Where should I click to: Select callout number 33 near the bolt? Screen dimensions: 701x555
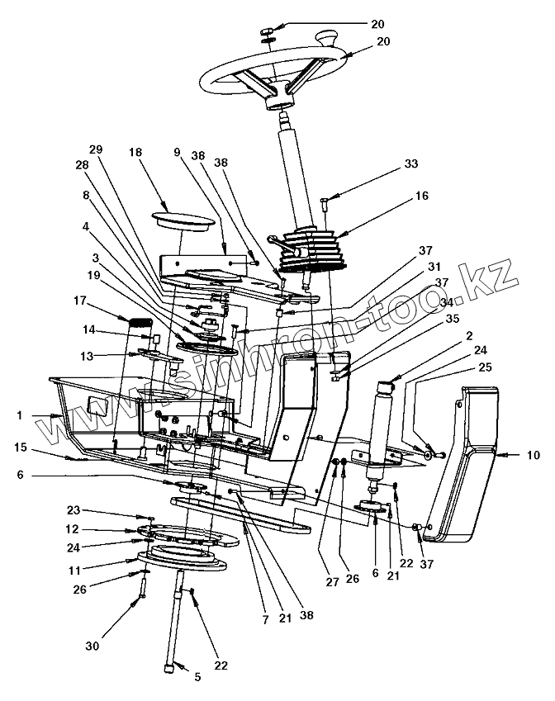click(410, 163)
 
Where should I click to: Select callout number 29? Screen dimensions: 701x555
click(96, 149)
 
